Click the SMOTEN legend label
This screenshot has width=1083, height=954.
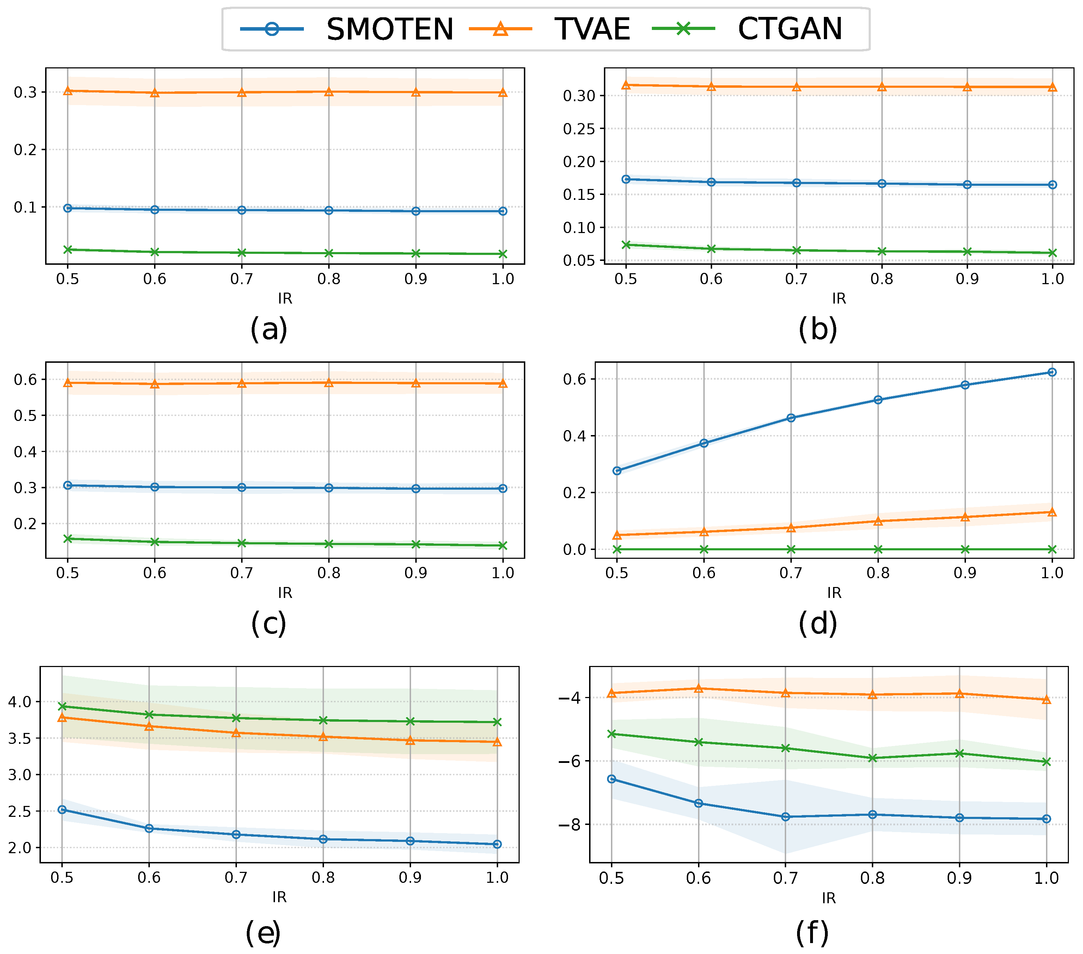click(390, 29)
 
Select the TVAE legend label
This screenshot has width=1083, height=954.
click(592, 29)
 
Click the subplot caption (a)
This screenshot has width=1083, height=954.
click(269, 329)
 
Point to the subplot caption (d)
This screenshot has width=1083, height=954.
click(818, 623)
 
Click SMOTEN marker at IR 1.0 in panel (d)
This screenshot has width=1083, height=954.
click(1052, 372)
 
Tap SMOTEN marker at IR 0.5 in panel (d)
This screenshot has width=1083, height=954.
click(617, 471)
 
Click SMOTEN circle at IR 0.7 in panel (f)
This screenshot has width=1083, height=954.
click(785, 817)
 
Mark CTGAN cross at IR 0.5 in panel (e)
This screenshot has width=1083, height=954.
click(62, 707)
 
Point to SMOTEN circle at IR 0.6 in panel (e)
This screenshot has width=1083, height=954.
click(149, 828)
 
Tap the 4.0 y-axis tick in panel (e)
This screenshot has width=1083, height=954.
click(20, 702)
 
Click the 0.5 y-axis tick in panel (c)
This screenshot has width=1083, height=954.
click(25, 416)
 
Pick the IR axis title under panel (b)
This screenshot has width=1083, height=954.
click(839, 298)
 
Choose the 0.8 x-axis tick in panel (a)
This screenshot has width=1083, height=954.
click(329, 279)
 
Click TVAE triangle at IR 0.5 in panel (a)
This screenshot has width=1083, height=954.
click(68, 91)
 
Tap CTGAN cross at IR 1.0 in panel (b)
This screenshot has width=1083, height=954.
click(1052, 253)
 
